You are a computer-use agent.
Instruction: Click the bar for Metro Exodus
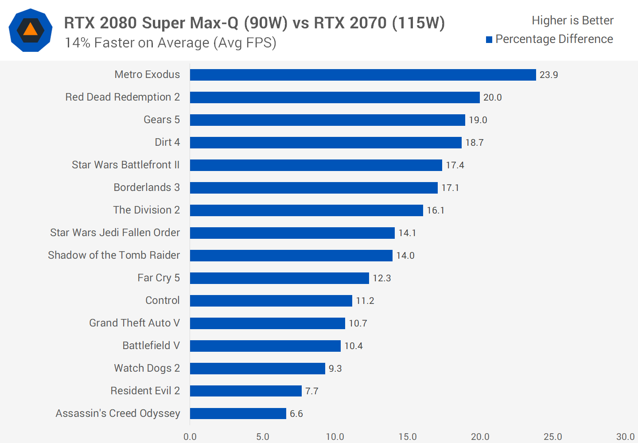(x=363, y=75)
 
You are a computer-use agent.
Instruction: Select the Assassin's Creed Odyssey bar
(x=238, y=413)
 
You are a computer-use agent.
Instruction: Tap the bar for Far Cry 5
(x=279, y=278)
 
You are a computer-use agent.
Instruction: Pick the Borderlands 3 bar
(x=314, y=188)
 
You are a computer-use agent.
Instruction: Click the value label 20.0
(x=492, y=97)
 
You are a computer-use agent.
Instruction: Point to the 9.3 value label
(x=335, y=369)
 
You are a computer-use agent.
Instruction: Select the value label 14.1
(x=407, y=233)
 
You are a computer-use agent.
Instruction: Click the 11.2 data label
(x=365, y=301)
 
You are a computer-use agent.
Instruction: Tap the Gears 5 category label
(x=162, y=120)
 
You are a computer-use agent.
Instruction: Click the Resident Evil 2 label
(x=145, y=391)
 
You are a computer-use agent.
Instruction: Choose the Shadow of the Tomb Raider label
(x=114, y=255)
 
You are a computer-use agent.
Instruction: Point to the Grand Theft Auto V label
(x=134, y=323)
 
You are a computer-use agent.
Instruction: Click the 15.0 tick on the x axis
(x=407, y=437)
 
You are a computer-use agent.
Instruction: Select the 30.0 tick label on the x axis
(x=625, y=437)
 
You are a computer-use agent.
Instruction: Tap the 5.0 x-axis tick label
(x=262, y=437)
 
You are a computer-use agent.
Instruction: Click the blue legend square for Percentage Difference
(x=489, y=40)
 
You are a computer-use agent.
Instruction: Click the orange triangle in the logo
(x=30, y=30)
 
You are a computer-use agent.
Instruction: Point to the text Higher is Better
(x=572, y=20)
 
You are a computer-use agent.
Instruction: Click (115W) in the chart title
(x=418, y=23)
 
